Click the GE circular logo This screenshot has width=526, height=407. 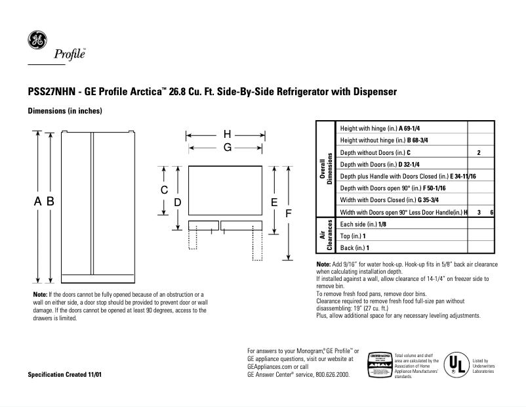pyautogui.click(x=37, y=41)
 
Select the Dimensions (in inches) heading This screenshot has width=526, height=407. pyautogui.click(x=64, y=112)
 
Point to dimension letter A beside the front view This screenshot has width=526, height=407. pyautogui.click(x=38, y=203)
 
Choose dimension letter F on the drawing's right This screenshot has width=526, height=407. pyautogui.click(x=287, y=214)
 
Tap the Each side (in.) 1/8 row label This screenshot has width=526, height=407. pyautogui.click(x=363, y=224)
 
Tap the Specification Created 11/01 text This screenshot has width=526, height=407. pyautogui.click(x=65, y=375)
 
